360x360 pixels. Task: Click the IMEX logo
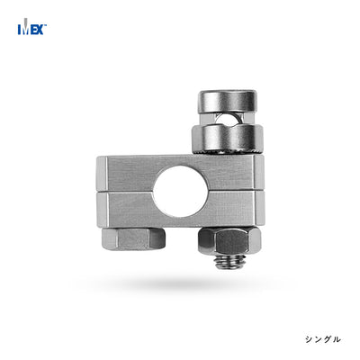[x=32, y=27]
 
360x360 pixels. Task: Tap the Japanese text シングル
[x=323, y=339]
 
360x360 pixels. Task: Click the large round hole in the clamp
[x=180, y=191]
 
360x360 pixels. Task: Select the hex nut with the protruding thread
[x=229, y=241]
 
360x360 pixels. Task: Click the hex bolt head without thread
[x=133, y=238]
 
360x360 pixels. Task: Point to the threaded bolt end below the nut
[x=229, y=262]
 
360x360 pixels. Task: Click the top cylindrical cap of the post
[x=228, y=102]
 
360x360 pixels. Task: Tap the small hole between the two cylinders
[x=228, y=120]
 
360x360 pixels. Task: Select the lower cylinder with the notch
[x=228, y=138]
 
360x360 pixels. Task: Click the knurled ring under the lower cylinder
[x=228, y=152]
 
